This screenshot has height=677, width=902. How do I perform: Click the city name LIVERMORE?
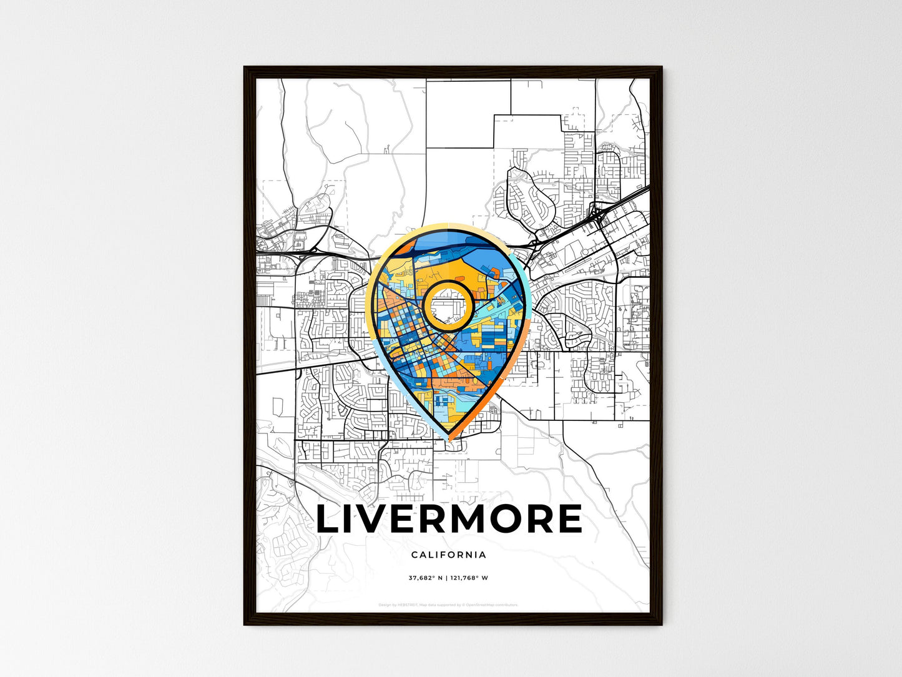[449, 520]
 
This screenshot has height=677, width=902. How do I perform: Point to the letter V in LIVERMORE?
[370, 520]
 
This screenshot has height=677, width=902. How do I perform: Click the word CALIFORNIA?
[449, 555]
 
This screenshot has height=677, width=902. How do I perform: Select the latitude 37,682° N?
[426, 578]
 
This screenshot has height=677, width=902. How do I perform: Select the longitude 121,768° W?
[469, 578]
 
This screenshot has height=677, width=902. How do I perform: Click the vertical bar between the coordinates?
[446, 578]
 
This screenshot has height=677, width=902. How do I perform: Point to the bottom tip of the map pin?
[448, 439]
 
